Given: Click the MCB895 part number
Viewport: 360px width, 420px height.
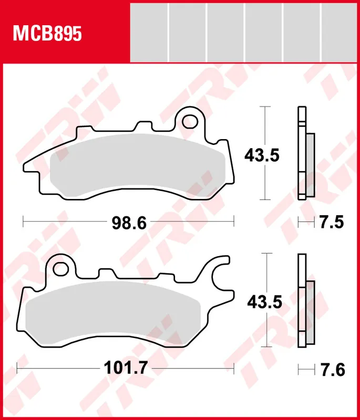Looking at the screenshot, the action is click(47, 34).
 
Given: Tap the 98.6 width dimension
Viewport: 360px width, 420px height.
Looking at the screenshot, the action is click(129, 223).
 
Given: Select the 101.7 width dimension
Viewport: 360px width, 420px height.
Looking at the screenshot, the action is click(126, 368).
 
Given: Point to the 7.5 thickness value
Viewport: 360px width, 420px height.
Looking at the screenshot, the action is click(332, 222).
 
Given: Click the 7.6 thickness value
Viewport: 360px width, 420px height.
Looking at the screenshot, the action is click(333, 370).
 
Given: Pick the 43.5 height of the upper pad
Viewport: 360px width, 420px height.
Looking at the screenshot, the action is click(262, 155).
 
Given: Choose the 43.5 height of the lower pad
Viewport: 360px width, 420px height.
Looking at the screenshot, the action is click(264, 302).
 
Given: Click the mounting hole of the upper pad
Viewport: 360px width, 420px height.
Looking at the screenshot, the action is click(190, 121).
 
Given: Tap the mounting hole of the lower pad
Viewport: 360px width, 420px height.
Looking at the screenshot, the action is click(60, 269).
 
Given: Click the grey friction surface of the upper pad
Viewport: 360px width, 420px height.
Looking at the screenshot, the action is click(138, 166).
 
